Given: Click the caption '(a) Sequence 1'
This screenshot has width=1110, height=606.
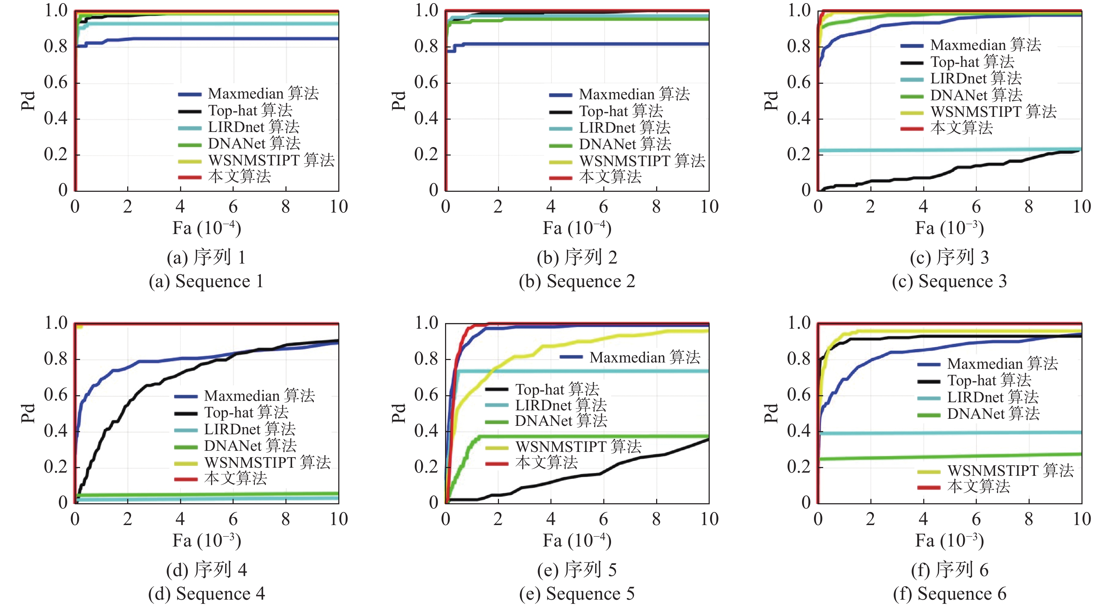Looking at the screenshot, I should click(x=206, y=282).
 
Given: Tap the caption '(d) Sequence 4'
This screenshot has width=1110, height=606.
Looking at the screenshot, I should click(x=206, y=594).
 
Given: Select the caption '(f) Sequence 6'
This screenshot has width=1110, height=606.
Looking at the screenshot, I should click(x=950, y=594).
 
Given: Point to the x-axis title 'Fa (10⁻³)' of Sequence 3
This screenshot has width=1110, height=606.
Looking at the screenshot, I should click(x=949, y=228).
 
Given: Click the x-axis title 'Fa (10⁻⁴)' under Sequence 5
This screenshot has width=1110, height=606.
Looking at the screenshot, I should click(x=577, y=541).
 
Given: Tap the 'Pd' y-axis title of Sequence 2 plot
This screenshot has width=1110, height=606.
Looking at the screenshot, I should click(x=399, y=101).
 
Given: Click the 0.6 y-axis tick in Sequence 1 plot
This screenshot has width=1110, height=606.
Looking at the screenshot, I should click(x=56, y=82).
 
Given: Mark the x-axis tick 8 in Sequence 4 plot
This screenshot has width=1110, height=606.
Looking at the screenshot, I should click(x=286, y=519).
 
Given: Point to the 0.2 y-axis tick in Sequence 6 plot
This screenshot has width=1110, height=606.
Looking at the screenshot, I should click(x=799, y=467).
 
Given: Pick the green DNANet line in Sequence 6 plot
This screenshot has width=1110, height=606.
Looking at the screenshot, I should click(x=948, y=457).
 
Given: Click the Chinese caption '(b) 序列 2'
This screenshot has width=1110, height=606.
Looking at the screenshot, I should click(x=577, y=257).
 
